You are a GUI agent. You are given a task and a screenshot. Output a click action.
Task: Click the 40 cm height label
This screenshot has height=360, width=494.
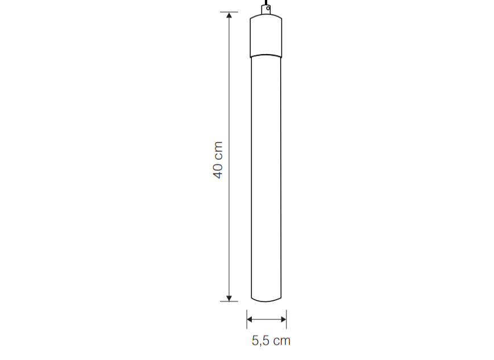click(218, 160)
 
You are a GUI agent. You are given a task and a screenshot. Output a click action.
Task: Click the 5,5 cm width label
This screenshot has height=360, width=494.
click(271, 341)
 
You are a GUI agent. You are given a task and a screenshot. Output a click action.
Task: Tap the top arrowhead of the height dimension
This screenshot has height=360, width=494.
click(229, 15)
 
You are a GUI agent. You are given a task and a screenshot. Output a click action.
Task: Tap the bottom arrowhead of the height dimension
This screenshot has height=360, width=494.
click(229, 298)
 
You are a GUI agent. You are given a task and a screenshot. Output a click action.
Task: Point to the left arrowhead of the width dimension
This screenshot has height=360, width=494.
click(250, 319)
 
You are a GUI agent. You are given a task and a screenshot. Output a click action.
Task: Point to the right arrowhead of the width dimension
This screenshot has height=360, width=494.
click(284, 319)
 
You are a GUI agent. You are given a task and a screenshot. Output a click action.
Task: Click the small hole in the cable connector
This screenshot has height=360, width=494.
click(268, 8)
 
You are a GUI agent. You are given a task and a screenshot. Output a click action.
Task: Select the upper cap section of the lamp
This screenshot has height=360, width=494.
click(266, 36)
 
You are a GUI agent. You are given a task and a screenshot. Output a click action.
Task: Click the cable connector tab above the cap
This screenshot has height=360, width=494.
click(266, 10)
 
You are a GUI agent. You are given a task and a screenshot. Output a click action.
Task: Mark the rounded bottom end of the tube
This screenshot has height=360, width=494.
click(266, 300)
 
